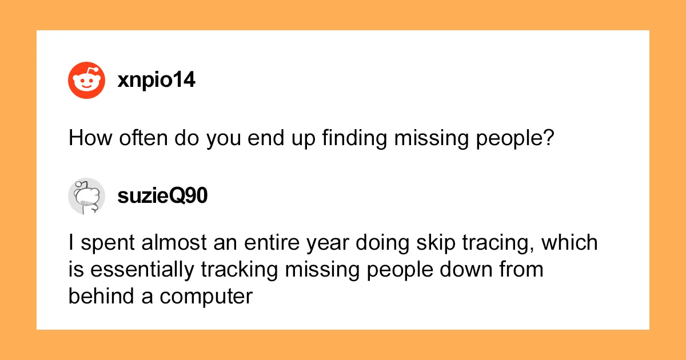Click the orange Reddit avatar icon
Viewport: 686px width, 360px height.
click(x=87, y=80)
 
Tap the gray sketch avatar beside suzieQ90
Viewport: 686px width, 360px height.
click(x=87, y=196)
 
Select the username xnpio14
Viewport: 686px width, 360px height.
click(x=156, y=80)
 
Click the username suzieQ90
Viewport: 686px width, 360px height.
click(x=162, y=196)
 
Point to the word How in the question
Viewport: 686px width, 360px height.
click(x=90, y=138)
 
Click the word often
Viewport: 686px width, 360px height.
click(x=143, y=138)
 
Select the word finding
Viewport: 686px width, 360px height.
click(x=354, y=138)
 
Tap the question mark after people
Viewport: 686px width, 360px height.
click(x=549, y=138)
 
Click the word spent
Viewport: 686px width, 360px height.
click(x=107, y=243)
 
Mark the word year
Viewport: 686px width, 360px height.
click(x=328, y=243)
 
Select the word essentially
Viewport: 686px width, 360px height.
click(x=142, y=270)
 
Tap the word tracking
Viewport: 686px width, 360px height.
click(x=240, y=270)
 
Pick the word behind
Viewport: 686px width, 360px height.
click(x=101, y=297)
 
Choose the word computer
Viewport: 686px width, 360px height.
click(x=206, y=298)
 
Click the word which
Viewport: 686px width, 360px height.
click(x=569, y=242)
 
